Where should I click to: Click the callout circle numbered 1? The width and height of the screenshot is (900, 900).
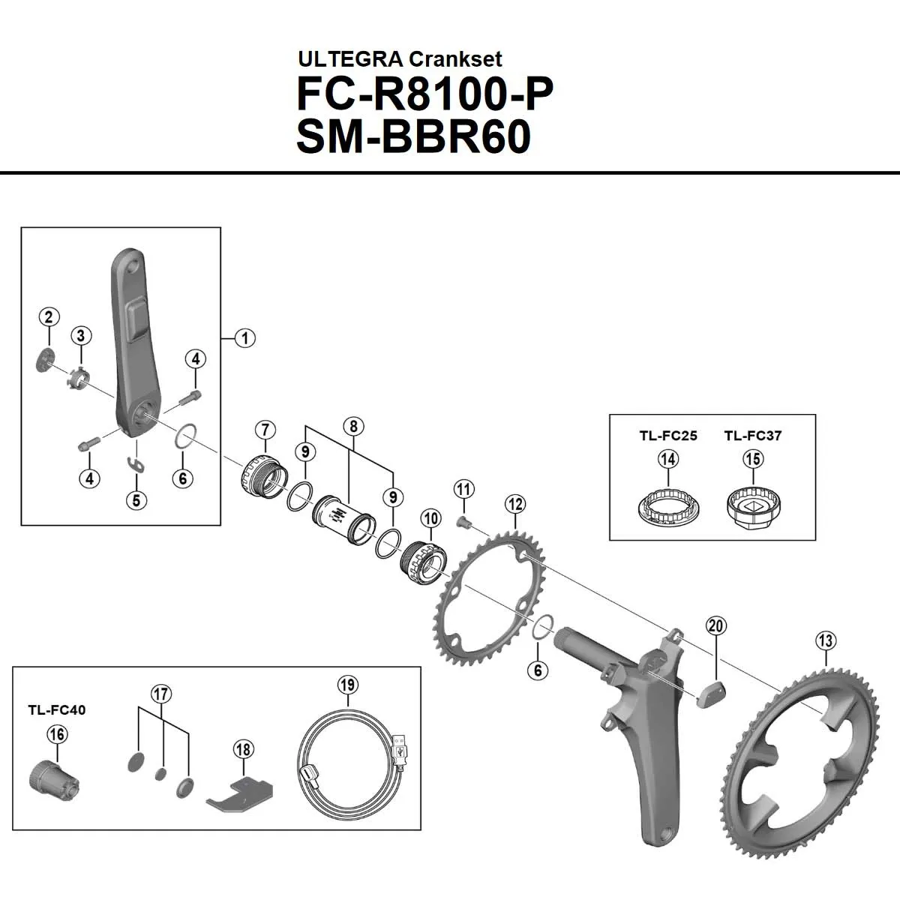tap(244, 337)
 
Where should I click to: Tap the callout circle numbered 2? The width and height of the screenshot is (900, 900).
tap(49, 316)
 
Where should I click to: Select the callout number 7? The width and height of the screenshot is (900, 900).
tap(265, 430)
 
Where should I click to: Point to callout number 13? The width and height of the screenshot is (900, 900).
tap(826, 640)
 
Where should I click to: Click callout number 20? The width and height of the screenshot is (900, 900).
tap(716, 625)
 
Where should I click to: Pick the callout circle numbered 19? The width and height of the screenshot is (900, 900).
tap(347, 684)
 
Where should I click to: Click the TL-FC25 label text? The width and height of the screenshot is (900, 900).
tap(667, 436)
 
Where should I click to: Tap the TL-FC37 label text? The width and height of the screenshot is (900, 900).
tap(753, 436)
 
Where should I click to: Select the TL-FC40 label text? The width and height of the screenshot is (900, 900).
tap(57, 709)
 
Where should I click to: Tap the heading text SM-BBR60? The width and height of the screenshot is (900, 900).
tap(414, 136)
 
